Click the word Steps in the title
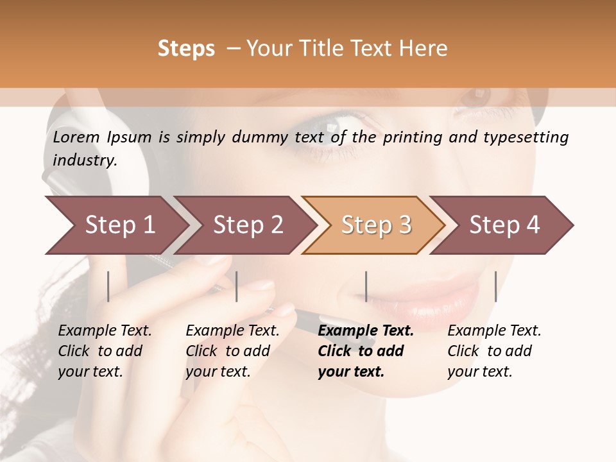186,49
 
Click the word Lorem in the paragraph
76,137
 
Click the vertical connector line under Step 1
108,286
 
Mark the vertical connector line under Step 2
237,286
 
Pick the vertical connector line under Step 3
366,286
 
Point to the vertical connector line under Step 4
495,286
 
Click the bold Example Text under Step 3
366,331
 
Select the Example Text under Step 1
105,331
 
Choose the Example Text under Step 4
494,331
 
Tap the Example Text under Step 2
232,331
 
